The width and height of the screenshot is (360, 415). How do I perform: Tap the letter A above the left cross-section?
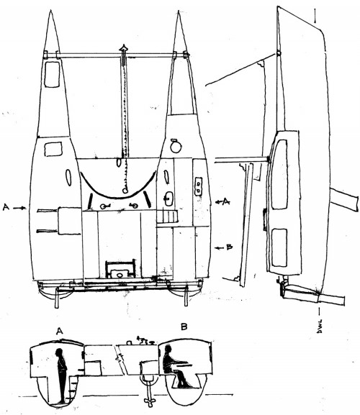click(60, 331)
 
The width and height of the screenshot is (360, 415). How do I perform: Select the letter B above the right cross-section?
click(184, 327)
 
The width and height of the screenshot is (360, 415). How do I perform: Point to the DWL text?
click(320, 326)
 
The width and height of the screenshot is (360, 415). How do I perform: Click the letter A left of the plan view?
click(6, 207)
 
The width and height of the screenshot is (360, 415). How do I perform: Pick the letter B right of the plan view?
click(230, 247)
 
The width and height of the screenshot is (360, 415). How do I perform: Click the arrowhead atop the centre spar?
click(124, 48)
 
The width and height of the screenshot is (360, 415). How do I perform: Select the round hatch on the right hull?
click(176, 146)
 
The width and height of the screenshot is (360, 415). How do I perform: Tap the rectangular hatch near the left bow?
click(52, 75)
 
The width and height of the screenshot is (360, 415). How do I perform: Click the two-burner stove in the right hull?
click(199, 186)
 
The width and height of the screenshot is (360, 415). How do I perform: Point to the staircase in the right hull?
click(166, 217)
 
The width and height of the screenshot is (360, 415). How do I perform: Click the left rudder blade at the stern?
click(57, 298)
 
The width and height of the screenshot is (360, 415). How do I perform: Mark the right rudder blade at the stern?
click(186, 296)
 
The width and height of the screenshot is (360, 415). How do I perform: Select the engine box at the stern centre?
click(120, 270)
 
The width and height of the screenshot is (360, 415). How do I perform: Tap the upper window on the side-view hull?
click(279, 174)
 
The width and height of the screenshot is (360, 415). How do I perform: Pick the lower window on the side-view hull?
click(279, 247)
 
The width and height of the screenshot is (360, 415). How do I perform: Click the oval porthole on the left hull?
click(68, 177)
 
